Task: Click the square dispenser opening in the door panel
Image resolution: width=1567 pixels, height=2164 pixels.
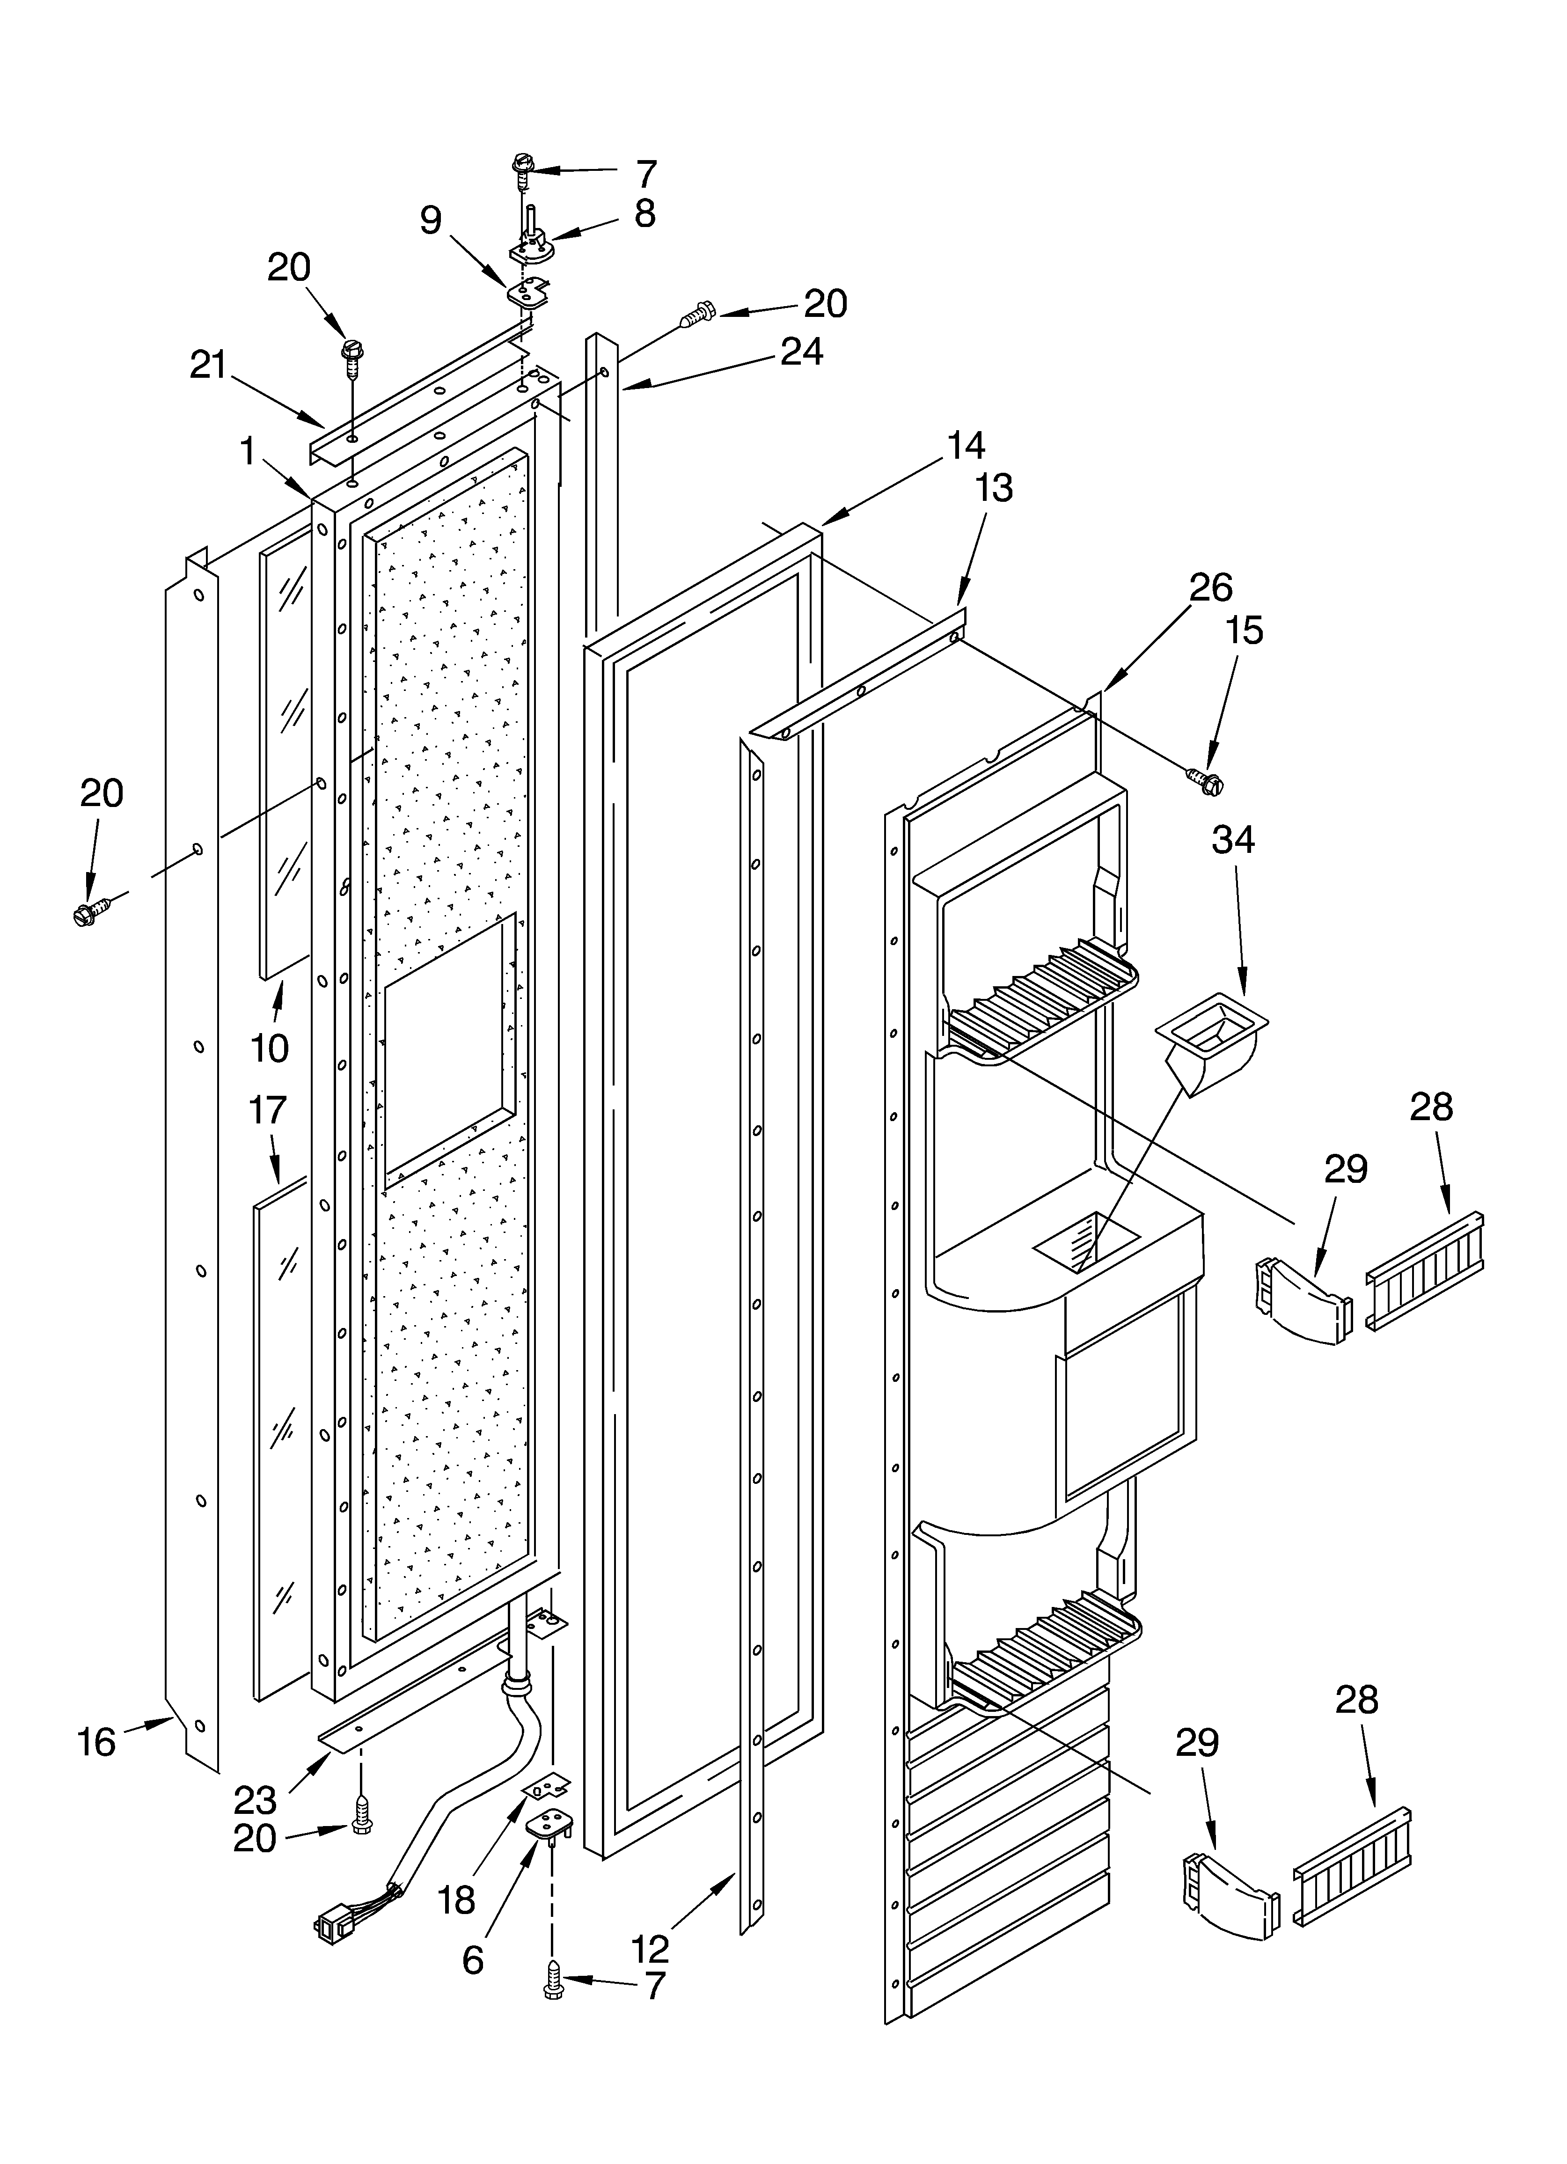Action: point(448,1054)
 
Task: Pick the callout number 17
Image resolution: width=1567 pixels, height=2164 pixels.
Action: point(268,1110)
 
